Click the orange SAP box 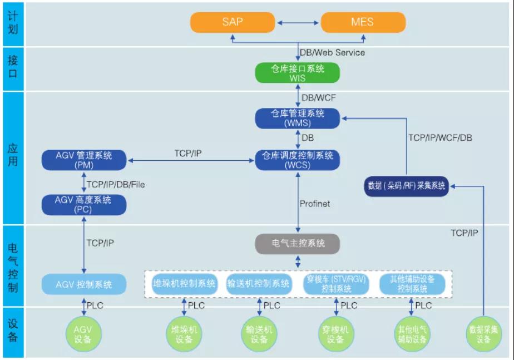click(x=233, y=23)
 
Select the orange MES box click(x=363, y=23)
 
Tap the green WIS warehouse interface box click(x=297, y=72)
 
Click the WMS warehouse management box click(x=297, y=118)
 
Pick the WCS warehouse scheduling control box click(x=297, y=160)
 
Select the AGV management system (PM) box click(x=83, y=160)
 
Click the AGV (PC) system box click(x=83, y=204)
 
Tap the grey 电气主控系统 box click(x=297, y=244)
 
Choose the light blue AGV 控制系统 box click(x=83, y=284)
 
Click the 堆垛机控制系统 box click(x=184, y=283)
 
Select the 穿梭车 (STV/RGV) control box click(x=336, y=284)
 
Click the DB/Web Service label click(x=332, y=52)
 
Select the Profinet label click(x=315, y=204)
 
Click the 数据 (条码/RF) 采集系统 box click(x=407, y=186)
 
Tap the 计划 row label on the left click(x=12, y=23)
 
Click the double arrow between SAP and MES click(x=298, y=23)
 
